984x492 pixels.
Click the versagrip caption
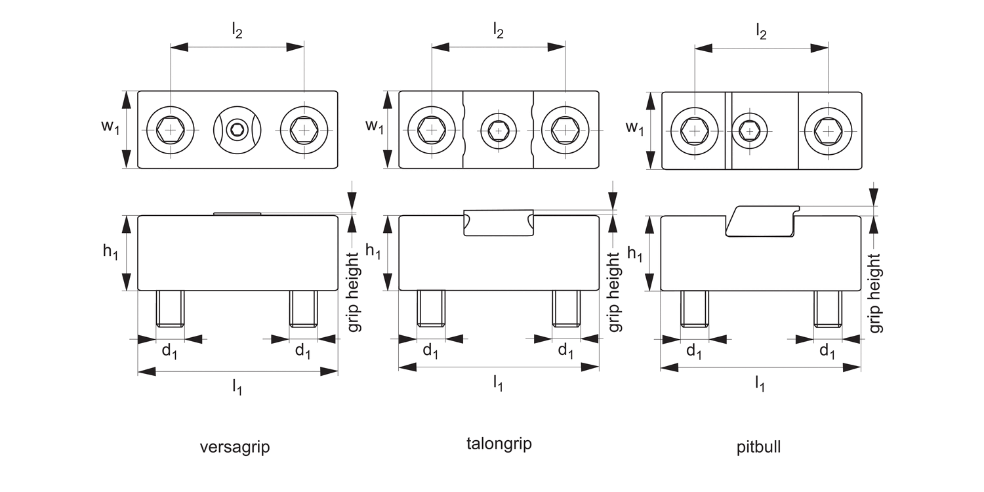click(235, 448)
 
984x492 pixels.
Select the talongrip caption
click(499, 443)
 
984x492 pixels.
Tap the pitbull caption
click(758, 448)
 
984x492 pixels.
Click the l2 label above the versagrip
click(237, 31)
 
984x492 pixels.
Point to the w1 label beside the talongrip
click(375, 127)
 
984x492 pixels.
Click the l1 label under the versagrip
click(237, 388)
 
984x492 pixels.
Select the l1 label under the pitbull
click(760, 383)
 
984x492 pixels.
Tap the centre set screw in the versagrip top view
click(237, 130)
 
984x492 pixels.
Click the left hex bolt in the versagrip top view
click(171, 130)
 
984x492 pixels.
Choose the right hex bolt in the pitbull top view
click(829, 131)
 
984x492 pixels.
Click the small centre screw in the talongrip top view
click(499, 131)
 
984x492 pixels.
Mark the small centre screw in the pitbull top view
click(749, 131)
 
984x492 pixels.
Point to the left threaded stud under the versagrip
click(171, 308)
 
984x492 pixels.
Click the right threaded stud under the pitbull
click(828, 308)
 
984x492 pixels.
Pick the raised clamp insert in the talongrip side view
click(499, 223)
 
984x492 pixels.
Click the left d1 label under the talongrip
click(430, 351)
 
